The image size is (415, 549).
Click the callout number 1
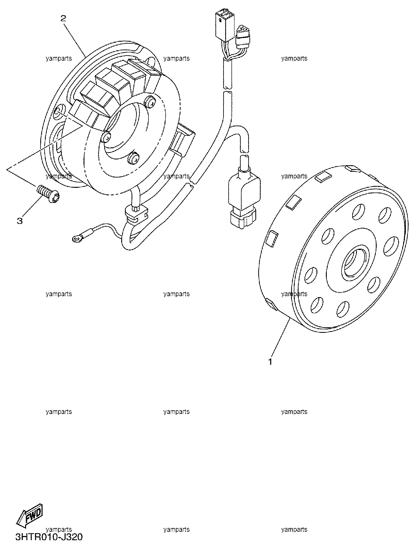pos(270,361)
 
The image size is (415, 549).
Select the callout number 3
pos(20,221)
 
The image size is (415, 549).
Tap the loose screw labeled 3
pos(49,193)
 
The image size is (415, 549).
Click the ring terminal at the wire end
pos(76,239)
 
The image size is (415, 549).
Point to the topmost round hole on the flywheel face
pos(359,212)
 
